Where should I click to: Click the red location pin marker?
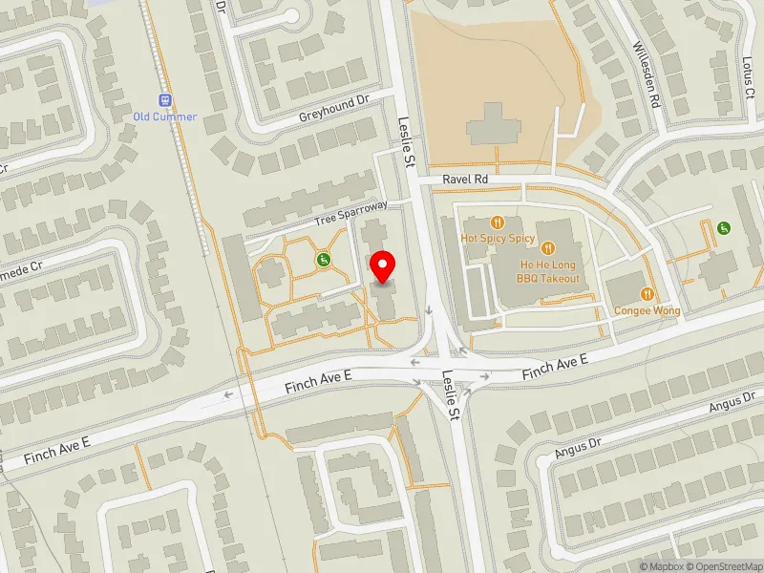coord(383,266)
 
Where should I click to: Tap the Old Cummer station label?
coord(165,117)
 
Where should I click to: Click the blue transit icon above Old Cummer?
coord(165,99)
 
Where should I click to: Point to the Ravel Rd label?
coord(465,179)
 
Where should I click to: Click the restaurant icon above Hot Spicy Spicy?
coord(497,223)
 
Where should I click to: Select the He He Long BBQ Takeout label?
coord(548,271)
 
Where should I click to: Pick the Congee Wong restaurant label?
coord(647,310)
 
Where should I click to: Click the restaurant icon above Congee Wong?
coord(647,295)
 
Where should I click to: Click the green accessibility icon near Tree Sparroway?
coord(324,259)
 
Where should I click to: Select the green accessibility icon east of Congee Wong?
coord(724,227)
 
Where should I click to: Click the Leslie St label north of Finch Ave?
coord(405,142)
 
